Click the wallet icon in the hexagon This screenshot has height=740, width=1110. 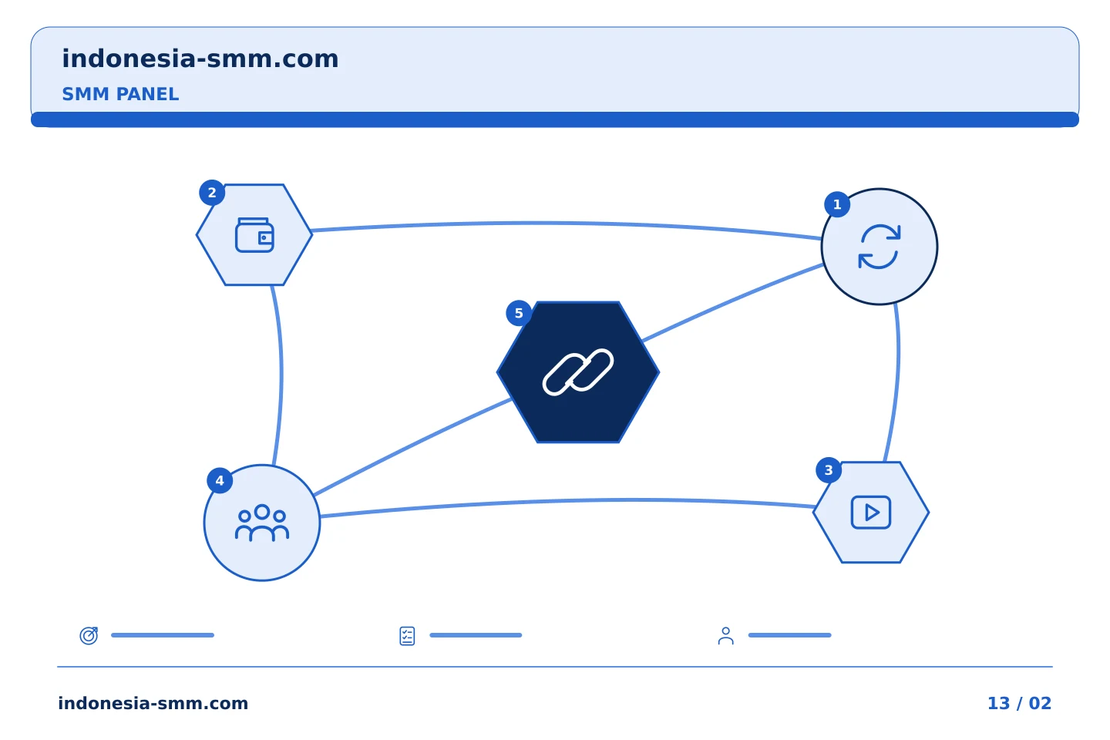pyautogui.click(x=254, y=235)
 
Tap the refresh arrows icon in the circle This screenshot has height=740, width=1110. pyautogui.click(x=880, y=247)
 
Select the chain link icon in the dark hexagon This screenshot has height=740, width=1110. pyautogui.click(x=578, y=372)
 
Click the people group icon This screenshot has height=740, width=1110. pyautogui.click(x=261, y=523)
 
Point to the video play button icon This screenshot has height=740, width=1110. pyautogui.click(x=871, y=513)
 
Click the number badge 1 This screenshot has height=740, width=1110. pyautogui.click(x=837, y=205)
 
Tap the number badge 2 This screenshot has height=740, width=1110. pyautogui.click(x=212, y=193)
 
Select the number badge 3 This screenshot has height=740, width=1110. pyautogui.click(x=829, y=470)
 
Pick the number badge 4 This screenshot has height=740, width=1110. pyautogui.click(x=220, y=481)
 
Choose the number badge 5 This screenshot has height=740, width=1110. pyautogui.click(x=519, y=313)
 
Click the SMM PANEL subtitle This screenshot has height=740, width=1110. pyautogui.click(x=120, y=94)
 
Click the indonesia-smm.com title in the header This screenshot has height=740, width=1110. pyautogui.click(x=200, y=59)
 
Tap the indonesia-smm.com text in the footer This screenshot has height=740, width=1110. pyautogui.click(x=153, y=703)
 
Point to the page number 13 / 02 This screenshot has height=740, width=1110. pyautogui.click(x=1019, y=703)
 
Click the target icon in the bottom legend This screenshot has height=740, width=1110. pyautogui.click(x=89, y=635)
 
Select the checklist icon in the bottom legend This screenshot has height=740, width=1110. pyautogui.click(x=407, y=636)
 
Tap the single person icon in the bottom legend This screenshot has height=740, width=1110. pyautogui.click(x=726, y=636)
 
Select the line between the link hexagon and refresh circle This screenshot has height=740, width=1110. pyautogui.click(x=732, y=302)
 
